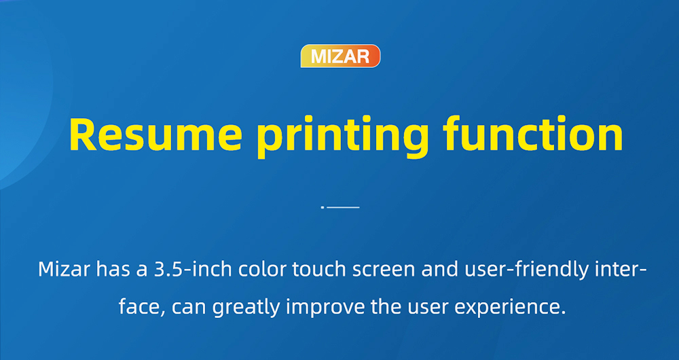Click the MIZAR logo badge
pos(340,56)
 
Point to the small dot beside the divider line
pos(323,206)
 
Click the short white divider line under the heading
pos(343,206)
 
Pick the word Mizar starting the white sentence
pos(64,269)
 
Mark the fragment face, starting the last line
pos(141,306)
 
